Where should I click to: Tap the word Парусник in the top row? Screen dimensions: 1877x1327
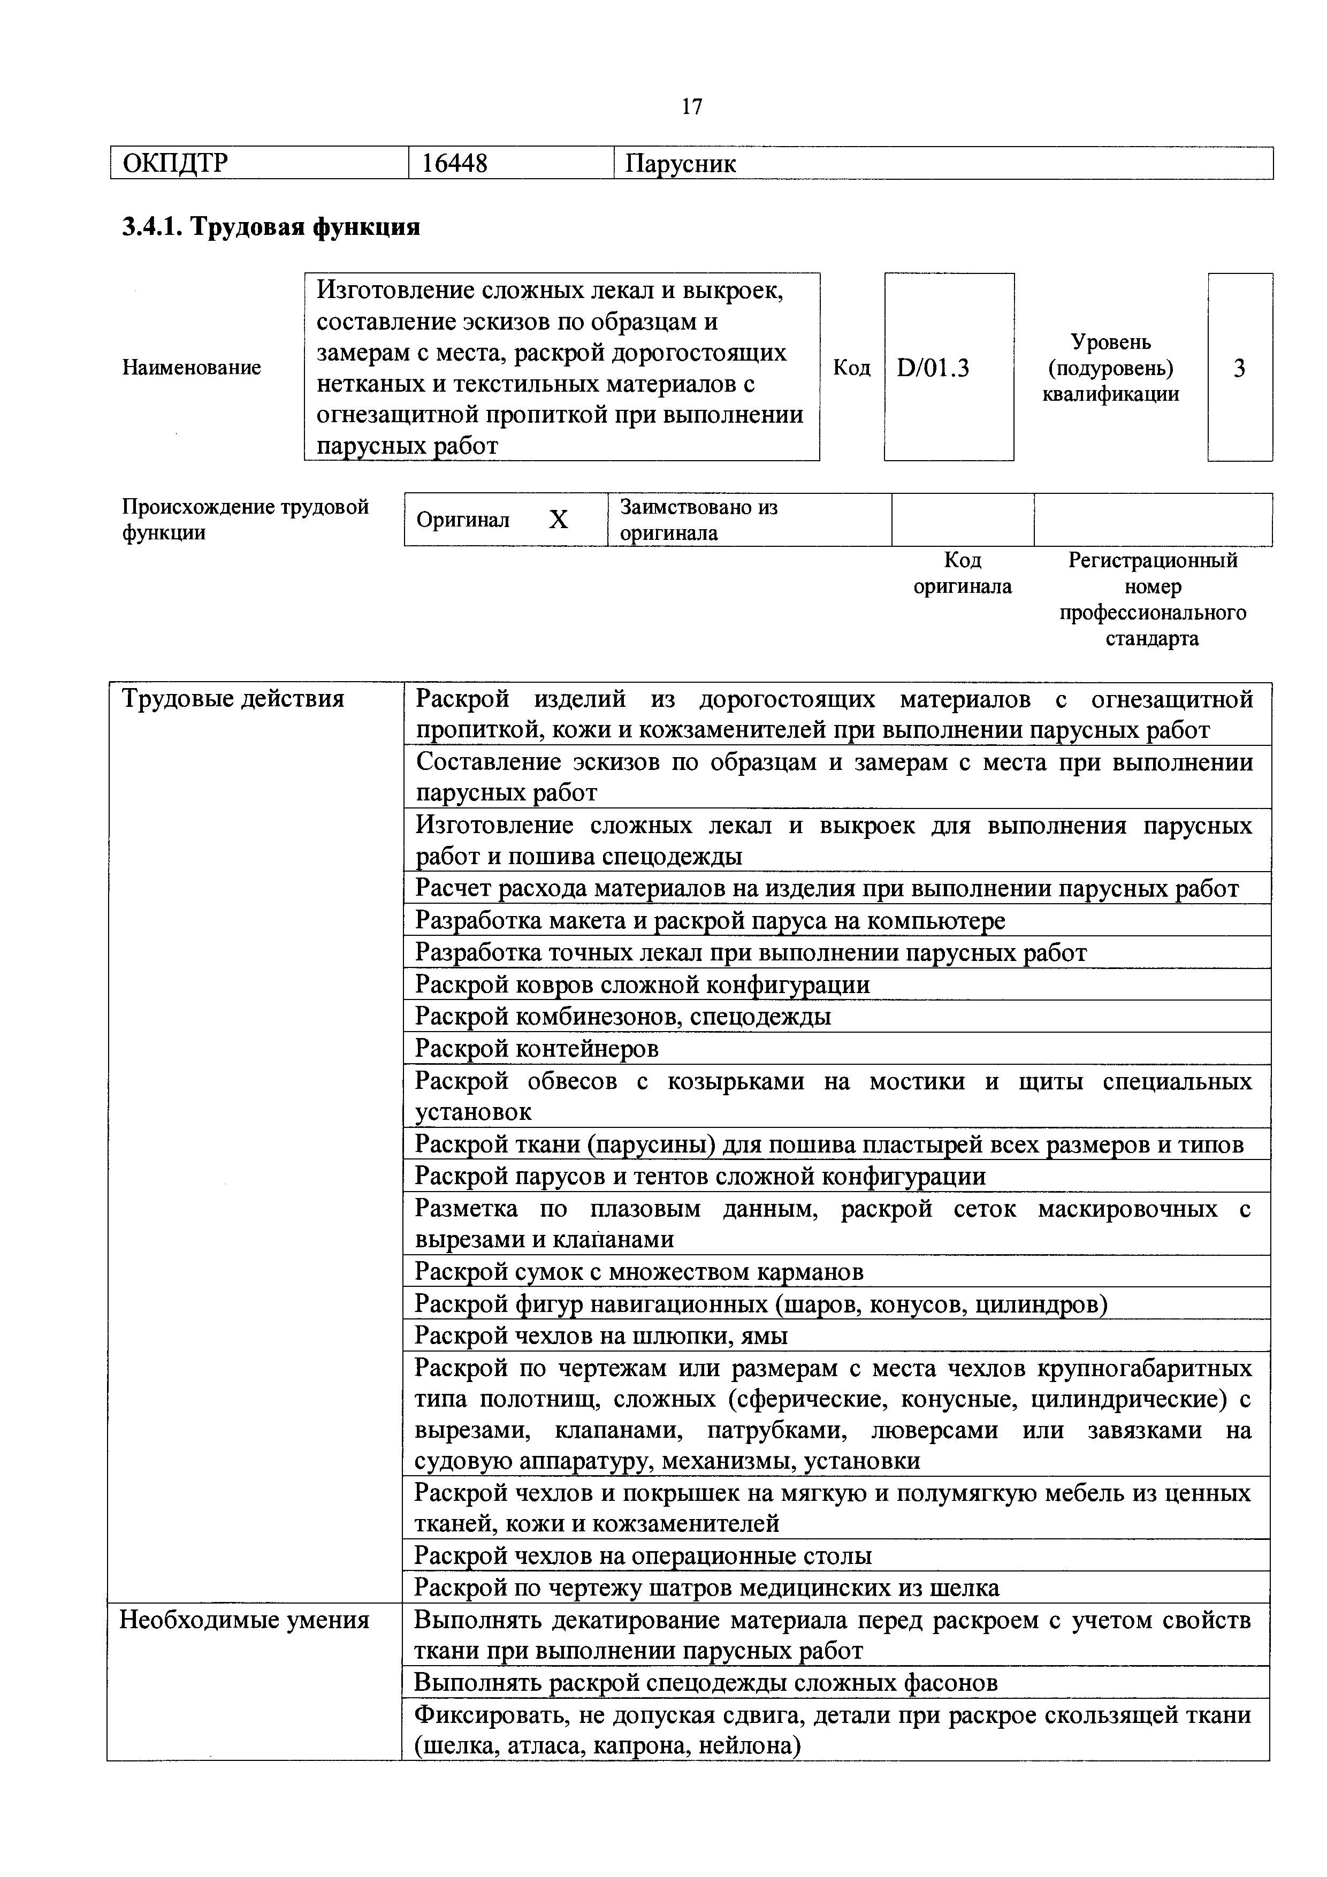coord(680,164)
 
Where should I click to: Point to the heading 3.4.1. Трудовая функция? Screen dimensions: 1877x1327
coord(271,226)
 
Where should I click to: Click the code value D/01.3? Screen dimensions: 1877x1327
coord(933,368)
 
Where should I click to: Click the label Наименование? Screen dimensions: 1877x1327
coord(192,368)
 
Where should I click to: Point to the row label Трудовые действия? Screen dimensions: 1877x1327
coord(233,699)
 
